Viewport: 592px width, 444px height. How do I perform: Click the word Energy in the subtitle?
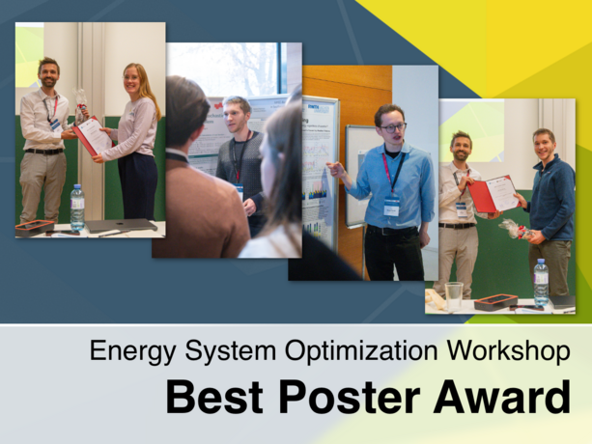(125, 351)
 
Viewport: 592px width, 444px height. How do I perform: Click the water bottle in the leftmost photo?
(77, 208)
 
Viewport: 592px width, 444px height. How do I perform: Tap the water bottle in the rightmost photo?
(541, 282)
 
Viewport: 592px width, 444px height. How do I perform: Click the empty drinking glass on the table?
(454, 295)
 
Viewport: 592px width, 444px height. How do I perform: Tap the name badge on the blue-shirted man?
(391, 206)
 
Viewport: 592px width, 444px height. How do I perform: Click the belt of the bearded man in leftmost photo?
(43, 151)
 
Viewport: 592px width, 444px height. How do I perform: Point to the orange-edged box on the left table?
(35, 228)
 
